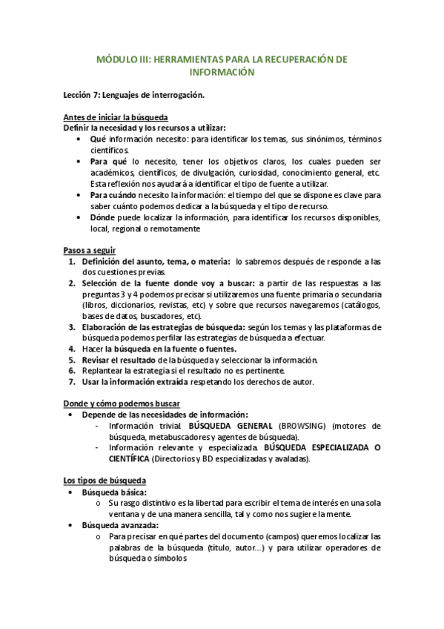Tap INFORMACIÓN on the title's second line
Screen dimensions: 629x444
click(222, 73)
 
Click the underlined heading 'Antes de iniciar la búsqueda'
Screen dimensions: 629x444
click(115, 117)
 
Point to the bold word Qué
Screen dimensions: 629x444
click(98, 139)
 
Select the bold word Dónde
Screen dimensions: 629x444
click(105, 217)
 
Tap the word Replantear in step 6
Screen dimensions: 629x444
click(105, 371)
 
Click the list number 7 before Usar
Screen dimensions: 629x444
click(71, 382)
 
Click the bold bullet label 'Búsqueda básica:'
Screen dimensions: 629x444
click(113, 492)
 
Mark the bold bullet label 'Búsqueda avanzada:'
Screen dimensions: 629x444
click(119, 525)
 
